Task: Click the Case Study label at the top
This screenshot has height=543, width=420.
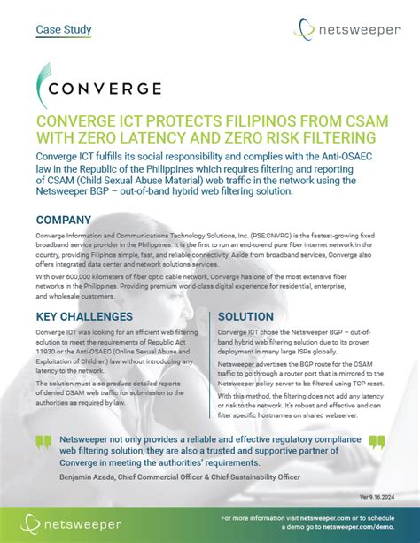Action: coord(63,29)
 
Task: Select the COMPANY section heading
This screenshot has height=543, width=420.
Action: coord(63,220)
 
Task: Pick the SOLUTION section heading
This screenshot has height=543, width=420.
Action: coord(252,316)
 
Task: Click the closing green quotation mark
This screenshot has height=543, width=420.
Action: coord(377,442)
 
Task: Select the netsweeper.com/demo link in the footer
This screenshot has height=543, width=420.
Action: coord(346,526)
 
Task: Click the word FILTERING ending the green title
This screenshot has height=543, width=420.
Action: coord(327,138)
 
